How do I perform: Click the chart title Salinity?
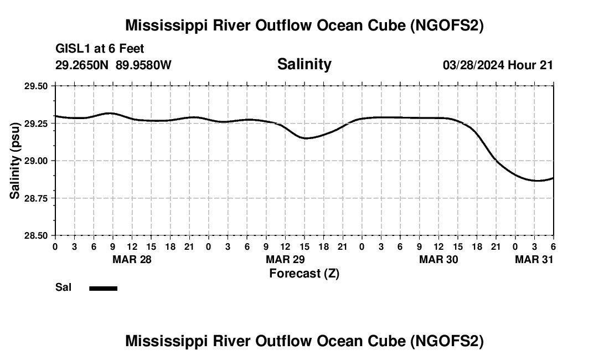[x=304, y=64]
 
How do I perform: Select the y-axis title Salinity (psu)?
[x=15, y=161]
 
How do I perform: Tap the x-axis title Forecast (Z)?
[x=304, y=273]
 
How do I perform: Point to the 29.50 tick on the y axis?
[x=36, y=86]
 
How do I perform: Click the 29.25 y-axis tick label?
[x=36, y=124]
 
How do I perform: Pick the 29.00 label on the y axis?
[x=36, y=161]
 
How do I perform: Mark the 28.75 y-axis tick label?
[x=36, y=198]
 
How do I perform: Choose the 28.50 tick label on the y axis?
[x=36, y=235]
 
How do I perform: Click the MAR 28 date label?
[x=132, y=260]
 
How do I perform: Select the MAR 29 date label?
[x=285, y=260]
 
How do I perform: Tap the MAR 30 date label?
[x=438, y=260]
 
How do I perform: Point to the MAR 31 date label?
[x=534, y=260]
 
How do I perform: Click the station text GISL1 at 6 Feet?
[x=100, y=49]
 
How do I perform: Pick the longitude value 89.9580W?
[x=143, y=65]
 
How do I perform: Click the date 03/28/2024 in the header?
[x=473, y=65]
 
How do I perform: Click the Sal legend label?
[x=63, y=287]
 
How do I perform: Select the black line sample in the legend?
[x=103, y=288]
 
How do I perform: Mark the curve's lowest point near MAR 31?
[x=535, y=181]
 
